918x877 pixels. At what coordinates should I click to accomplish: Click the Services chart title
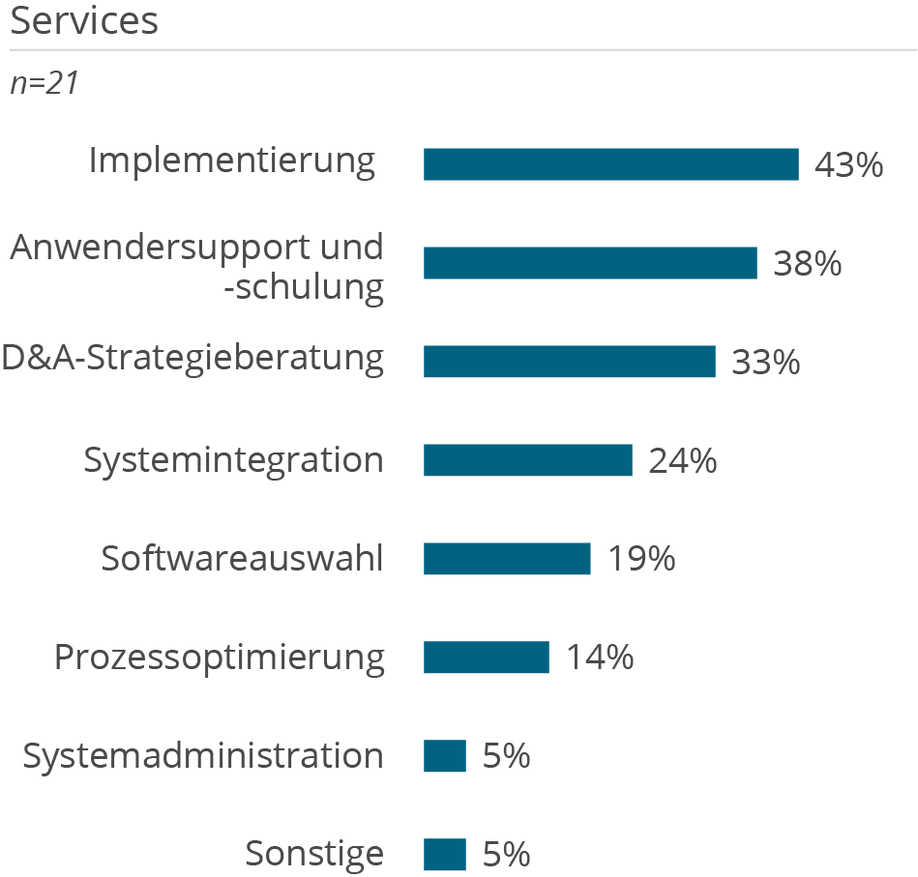[84, 21]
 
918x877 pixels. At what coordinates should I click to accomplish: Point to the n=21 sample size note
[44, 84]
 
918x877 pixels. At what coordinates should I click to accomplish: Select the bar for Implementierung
[610, 164]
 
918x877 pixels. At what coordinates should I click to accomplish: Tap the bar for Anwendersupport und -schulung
[590, 263]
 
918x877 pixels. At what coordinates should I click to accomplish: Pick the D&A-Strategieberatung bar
[569, 362]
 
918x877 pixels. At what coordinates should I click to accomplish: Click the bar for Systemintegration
[527, 460]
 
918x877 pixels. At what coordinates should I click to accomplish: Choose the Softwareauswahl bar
[507, 559]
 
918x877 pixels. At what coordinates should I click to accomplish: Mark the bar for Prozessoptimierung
[486, 658]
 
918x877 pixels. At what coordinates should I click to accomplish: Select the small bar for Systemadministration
[445, 756]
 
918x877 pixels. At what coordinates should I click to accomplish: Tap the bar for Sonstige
[445, 855]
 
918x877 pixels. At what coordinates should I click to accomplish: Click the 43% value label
[848, 165]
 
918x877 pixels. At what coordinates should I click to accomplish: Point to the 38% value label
[807, 264]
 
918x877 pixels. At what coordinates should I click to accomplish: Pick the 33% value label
[765, 363]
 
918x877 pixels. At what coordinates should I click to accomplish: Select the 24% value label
[682, 461]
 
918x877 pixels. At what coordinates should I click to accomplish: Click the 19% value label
[640, 560]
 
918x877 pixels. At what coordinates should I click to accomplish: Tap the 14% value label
[600, 658]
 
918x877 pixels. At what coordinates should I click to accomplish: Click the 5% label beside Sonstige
[506, 855]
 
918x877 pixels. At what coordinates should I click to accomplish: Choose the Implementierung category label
[231, 161]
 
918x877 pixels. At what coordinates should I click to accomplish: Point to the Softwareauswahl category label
[242, 559]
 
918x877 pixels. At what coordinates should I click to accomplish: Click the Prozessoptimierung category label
[219, 658]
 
